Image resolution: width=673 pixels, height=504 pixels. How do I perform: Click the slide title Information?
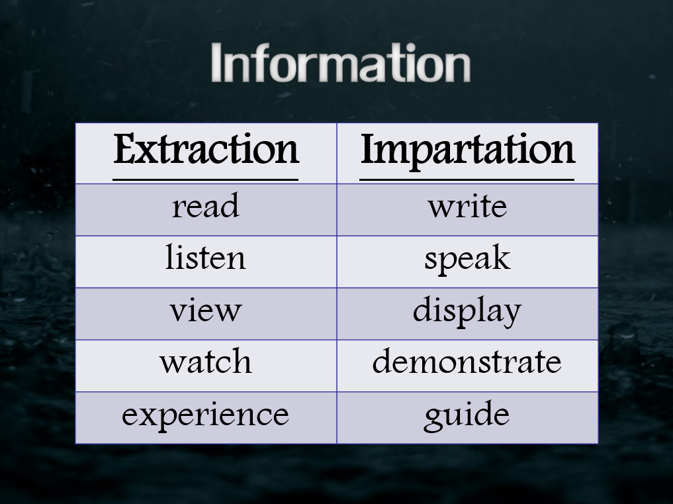341,62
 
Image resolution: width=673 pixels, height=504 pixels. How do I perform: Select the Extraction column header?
206,149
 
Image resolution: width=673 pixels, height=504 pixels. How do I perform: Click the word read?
206,206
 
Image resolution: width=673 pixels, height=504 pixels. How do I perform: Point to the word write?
467,206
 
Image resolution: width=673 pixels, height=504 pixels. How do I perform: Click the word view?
206,310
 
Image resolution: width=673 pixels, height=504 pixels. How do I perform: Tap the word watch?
206,361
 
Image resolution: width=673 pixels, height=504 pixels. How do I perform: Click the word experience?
206,416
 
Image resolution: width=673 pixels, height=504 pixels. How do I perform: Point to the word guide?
467,416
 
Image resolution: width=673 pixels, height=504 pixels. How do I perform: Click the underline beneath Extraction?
206,179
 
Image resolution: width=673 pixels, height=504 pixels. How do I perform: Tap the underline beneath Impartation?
467,179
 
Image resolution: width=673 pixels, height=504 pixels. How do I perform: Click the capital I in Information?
216,62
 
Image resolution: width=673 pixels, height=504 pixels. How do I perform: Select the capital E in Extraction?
125,148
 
